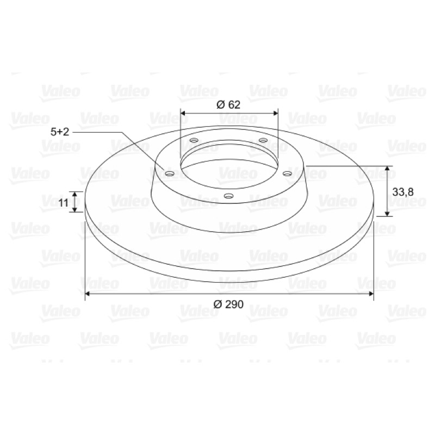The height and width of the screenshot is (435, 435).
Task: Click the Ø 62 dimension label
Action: coord(228,104)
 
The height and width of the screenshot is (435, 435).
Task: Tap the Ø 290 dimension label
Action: coord(228,304)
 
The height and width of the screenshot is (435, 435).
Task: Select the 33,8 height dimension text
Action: coord(403,192)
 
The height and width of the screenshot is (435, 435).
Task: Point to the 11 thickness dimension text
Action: coord(64,203)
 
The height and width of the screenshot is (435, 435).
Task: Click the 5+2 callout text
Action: coord(60,132)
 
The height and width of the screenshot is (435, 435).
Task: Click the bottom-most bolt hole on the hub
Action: coord(228,196)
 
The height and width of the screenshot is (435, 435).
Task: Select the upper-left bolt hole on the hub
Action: coord(194,140)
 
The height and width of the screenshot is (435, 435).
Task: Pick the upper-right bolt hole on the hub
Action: coord(263,140)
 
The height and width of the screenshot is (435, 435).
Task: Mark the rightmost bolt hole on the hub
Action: coord(287,173)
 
